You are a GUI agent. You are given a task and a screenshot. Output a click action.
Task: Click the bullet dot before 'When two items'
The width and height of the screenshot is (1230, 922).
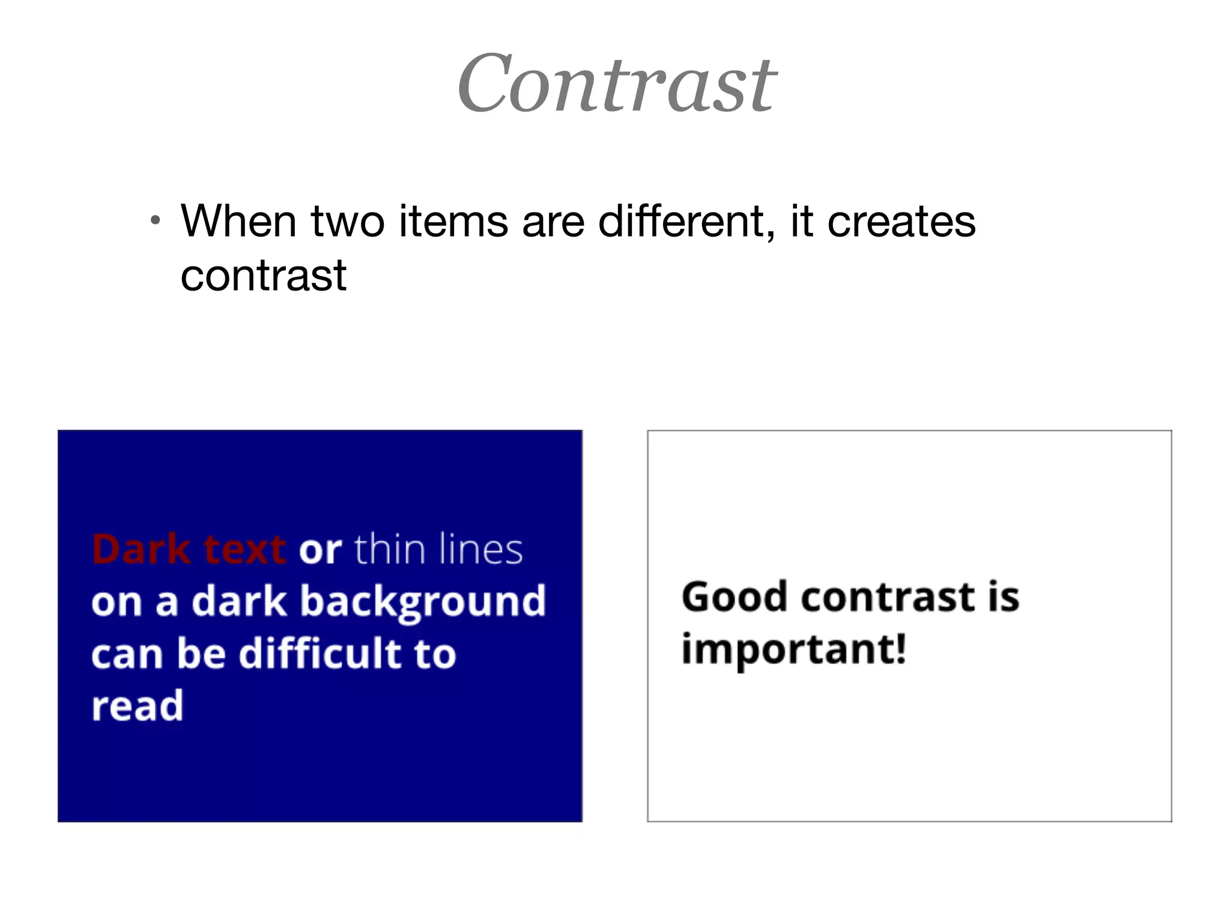pyautogui.click(x=156, y=220)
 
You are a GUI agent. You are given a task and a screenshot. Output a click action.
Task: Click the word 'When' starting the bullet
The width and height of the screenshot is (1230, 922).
pyautogui.click(x=238, y=221)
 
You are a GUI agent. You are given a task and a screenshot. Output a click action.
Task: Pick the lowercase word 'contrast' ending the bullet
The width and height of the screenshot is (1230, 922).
pyautogui.click(x=264, y=276)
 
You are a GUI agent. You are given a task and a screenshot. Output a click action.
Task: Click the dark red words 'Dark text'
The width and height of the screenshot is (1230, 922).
pyautogui.click(x=189, y=549)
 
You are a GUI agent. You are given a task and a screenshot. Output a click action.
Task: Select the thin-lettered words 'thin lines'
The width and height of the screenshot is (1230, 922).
pyautogui.click(x=438, y=549)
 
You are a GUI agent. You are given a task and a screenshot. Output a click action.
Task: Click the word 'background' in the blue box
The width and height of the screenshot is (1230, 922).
pyautogui.click(x=423, y=602)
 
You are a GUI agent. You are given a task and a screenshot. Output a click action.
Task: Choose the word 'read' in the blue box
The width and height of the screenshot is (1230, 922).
pyautogui.click(x=138, y=706)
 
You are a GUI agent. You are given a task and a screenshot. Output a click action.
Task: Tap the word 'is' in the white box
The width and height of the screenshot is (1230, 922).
pyautogui.click(x=1004, y=597)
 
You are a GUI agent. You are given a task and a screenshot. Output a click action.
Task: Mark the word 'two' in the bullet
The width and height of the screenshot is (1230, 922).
pyautogui.click(x=348, y=221)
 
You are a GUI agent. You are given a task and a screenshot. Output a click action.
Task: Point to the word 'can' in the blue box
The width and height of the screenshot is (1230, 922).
pyautogui.click(x=127, y=654)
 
